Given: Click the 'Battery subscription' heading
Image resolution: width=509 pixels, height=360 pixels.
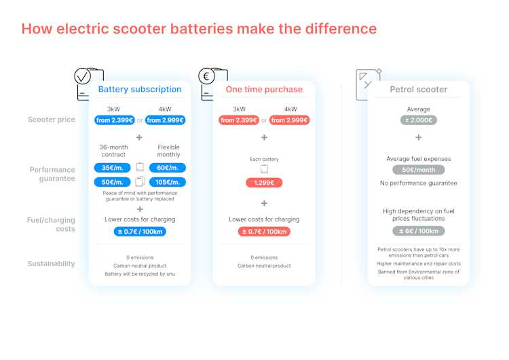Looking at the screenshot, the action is [140, 90].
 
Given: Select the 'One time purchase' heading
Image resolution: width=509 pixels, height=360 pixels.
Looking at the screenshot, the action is [264, 90].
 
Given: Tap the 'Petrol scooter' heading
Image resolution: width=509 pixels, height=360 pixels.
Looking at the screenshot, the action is [419, 90].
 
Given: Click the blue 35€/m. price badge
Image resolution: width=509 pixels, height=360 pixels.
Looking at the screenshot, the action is [112, 168].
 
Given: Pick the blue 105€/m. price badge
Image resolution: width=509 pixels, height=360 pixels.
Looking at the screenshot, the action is [168, 182].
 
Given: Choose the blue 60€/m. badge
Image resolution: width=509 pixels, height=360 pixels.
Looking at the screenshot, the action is [168, 168].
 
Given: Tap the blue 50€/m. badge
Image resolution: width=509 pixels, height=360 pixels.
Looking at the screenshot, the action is [112, 182].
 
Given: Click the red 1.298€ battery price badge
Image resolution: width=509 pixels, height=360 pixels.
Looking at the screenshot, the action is [264, 183].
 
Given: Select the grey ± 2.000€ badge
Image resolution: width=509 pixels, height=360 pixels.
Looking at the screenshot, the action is [419, 120].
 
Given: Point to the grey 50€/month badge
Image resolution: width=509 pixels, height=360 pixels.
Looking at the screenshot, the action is [419, 170].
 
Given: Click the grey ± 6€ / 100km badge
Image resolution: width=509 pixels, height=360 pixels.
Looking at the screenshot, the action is [419, 231].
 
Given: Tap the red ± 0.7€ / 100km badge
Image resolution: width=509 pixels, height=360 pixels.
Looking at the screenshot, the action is [264, 232].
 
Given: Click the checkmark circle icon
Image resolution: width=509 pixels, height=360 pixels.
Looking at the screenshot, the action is [82, 76].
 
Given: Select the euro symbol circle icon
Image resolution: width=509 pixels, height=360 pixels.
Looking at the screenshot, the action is [206, 76].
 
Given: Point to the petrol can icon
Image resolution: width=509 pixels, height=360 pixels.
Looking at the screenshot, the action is [368, 84].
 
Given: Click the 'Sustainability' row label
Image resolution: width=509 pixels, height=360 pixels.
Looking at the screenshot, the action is [52, 264].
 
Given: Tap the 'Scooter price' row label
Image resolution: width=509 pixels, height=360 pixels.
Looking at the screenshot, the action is [52, 120].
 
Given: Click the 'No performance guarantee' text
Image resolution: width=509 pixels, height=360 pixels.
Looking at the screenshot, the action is [419, 183].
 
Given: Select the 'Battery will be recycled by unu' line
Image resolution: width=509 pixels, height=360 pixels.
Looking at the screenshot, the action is [140, 274].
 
